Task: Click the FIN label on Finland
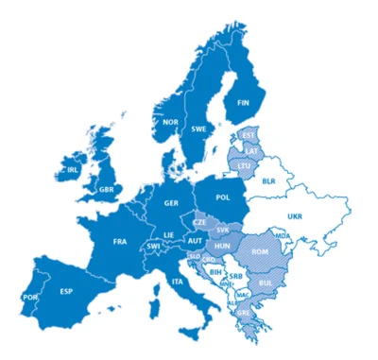click(x=243, y=102)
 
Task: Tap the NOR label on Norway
click(x=170, y=122)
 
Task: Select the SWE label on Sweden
click(x=199, y=129)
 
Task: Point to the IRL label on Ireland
click(x=73, y=170)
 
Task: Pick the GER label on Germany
click(x=171, y=203)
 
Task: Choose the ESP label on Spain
click(x=66, y=290)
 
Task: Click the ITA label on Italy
click(x=177, y=282)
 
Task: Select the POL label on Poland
click(x=223, y=198)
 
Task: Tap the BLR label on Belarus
click(x=268, y=180)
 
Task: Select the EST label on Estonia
click(x=249, y=135)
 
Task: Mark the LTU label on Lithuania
click(x=245, y=165)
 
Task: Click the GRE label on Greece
click(x=243, y=312)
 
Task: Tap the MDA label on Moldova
click(x=281, y=233)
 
